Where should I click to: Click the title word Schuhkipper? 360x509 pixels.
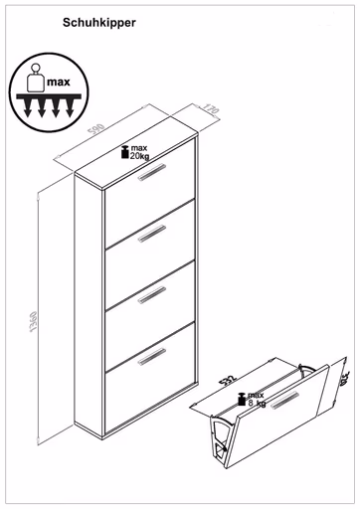99,20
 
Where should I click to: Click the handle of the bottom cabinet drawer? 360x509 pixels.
151,354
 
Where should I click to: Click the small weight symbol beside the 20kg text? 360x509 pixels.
124,152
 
